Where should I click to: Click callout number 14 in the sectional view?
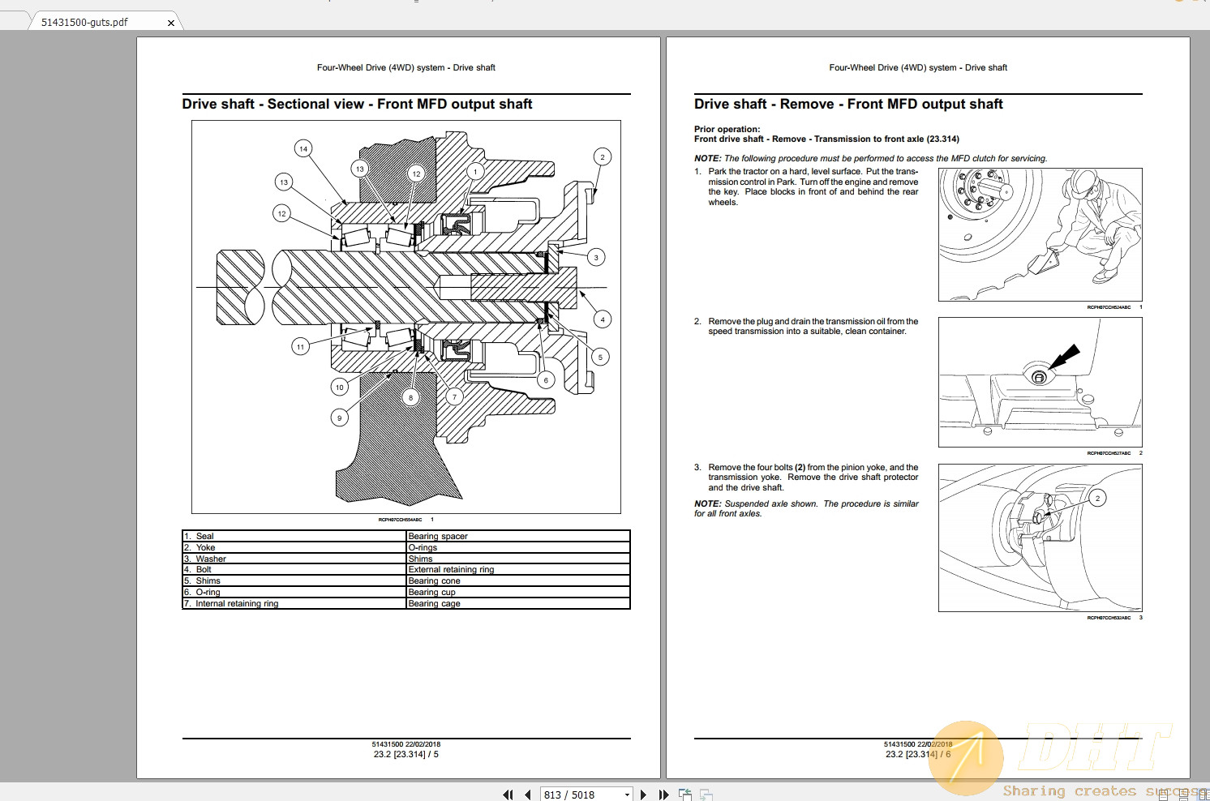pyautogui.click(x=303, y=148)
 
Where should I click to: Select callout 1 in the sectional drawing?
pyautogui.click(x=475, y=171)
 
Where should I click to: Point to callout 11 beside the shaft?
pyautogui.click(x=300, y=347)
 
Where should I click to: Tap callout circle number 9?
pyautogui.click(x=340, y=418)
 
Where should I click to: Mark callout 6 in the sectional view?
pyautogui.click(x=546, y=380)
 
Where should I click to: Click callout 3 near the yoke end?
pyautogui.click(x=596, y=258)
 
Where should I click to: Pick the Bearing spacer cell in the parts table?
pyautogui.click(x=438, y=536)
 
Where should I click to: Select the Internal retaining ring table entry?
pyautogui.click(x=237, y=603)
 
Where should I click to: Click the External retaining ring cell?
pyautogui.click(x=451, y=569)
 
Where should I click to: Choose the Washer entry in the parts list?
pyautogui.click(x=211, y=559)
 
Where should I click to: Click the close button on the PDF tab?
pyautogui.click(x=171, y=23)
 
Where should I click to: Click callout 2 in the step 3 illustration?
pyautogui.click(x=1097, y=498)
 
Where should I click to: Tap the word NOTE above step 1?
pyautogui.click(x=707, y=159)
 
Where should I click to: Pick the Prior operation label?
pyautogui.click(x=727, y=129)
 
